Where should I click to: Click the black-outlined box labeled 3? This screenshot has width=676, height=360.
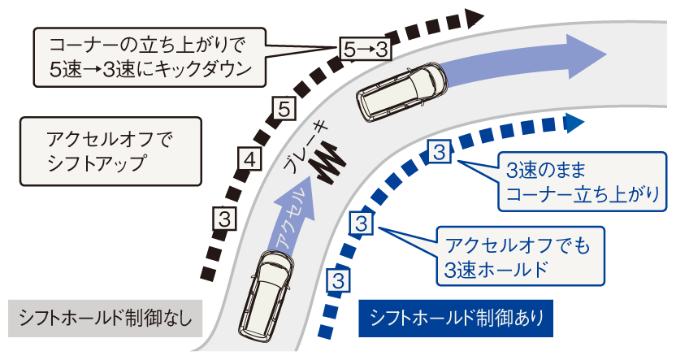click(x=227, y=218)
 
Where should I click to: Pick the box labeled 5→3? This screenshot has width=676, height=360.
click(x=361, y=50)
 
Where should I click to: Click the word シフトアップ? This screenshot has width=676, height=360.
click(x=96, y=161)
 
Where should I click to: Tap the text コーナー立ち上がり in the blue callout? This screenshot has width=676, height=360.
click(x=583, y=195)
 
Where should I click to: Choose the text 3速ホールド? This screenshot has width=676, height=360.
click(x=492, y=270)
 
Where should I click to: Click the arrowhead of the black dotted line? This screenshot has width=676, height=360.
click(x=475, y=16)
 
